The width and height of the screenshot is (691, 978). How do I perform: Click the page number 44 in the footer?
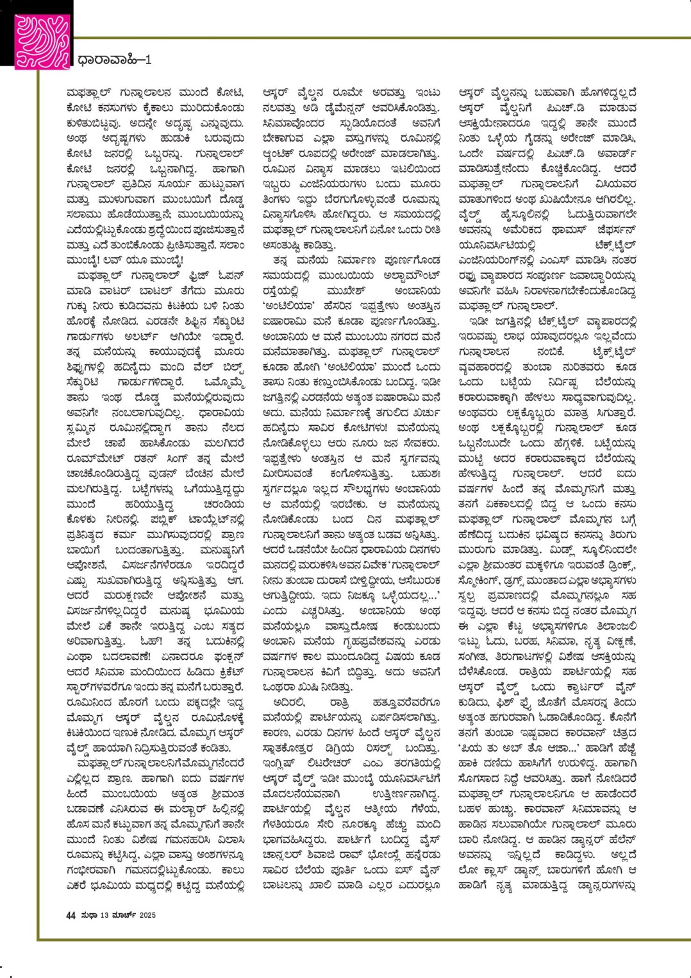(71, 915)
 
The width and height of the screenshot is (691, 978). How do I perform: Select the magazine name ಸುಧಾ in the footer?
(88, 915)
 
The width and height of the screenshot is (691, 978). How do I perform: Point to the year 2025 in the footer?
(147, 915)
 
